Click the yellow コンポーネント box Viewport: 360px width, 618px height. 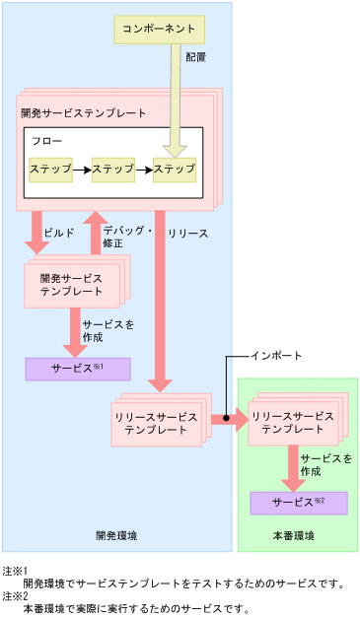(x=161, y=30)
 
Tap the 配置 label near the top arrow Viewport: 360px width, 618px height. (x=195, y=58)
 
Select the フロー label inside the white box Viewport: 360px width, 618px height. (x=46, y=142)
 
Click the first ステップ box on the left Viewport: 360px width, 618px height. (x=50, y=170)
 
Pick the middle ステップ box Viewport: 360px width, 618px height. (x=112, y=170)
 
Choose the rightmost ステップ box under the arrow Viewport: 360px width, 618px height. (x=174, y=170)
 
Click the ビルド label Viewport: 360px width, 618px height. (x=60, y=234)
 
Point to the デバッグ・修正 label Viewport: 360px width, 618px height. (x=126, y=237)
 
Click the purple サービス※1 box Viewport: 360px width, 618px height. (x=77, y=369)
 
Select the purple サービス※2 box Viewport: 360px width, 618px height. (x=299, y=503)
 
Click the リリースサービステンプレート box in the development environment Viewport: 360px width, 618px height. (x=157, y=424)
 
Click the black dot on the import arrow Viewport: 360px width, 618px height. (x=226, y=419)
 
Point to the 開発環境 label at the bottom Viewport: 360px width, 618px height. (x=116, y=535)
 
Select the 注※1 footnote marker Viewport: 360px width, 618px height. (x=14, y=571)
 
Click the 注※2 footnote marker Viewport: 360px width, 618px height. (x=14, y=596)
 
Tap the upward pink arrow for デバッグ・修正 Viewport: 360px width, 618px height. (x=96, y=233)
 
